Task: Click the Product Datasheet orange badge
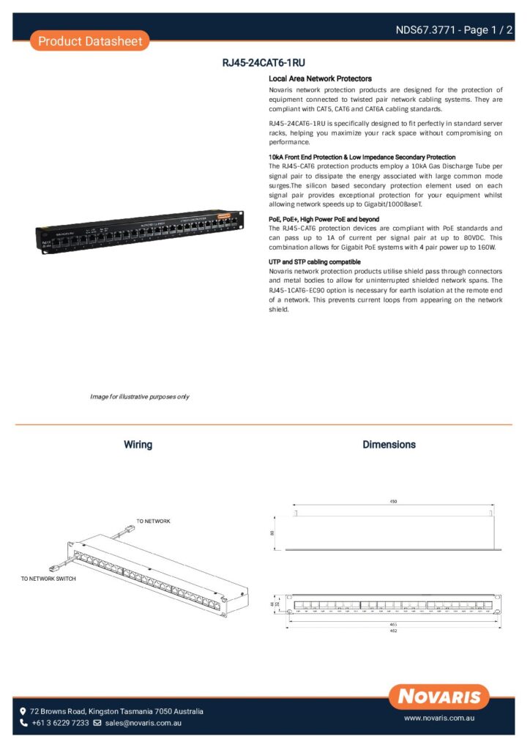tap(90, 41)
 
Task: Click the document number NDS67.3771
tap(425, 30)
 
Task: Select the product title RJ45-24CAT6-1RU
tap(264, 63)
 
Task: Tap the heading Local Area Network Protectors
tap(320, 78)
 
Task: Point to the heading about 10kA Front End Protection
tap(362, 157)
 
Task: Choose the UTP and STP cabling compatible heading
tap(314, 261)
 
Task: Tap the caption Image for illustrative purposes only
tap(139, 396)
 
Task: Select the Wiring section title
tap(138, 445)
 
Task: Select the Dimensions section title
tap(389, 445)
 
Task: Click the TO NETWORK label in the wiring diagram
tap(153, 521)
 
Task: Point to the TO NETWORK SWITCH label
tap(48, 579)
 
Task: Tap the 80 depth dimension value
tap(272, 532)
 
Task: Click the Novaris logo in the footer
tap(439, 696)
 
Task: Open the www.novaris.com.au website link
tap(439, 719)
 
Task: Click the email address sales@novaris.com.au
tap(143, 723)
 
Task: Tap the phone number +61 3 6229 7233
tap(59, 723)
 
